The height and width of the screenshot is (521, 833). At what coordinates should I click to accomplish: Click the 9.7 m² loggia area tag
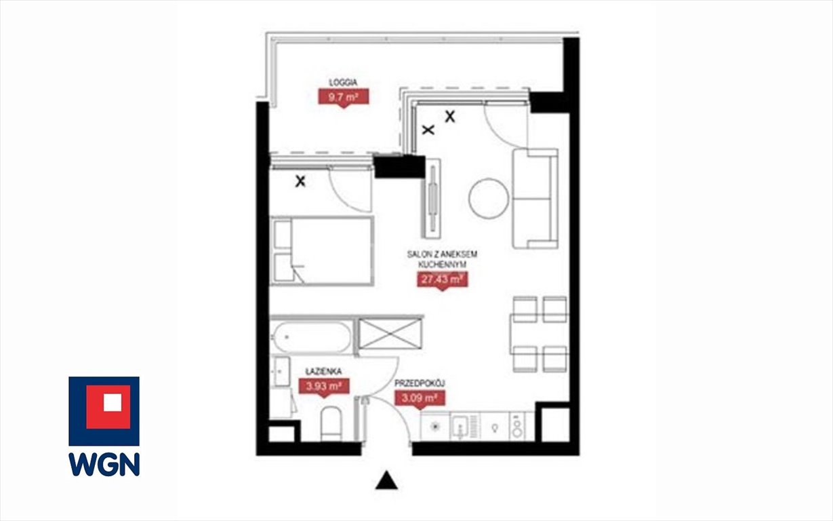point(344,98)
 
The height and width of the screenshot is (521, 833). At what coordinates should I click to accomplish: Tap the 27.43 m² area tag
point(442,279)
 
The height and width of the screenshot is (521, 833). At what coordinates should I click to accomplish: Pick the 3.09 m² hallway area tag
point(420,398)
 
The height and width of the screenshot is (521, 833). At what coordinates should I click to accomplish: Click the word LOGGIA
point(343,82)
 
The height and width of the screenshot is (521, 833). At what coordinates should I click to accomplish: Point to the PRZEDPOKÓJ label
point(420,383)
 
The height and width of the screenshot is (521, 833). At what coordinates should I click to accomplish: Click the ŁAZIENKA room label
point(323,371)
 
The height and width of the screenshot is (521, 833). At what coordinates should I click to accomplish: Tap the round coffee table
point(489,198)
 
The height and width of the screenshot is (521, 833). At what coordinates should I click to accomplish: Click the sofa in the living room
point(535,198)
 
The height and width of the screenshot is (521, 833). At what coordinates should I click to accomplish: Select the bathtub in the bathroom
point(311,337)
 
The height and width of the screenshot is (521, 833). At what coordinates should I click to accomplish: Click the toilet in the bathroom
point(331,423)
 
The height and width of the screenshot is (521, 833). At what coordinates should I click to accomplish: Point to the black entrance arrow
point(386,480)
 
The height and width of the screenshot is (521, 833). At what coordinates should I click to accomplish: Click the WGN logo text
point(104,464)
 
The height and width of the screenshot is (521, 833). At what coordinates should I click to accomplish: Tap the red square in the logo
point(108,407)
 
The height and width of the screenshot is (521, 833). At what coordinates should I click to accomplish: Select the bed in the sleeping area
point(322,251)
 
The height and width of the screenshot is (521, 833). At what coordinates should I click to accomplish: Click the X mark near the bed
point(300,182)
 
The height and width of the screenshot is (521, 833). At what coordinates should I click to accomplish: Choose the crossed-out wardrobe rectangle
point(390,334)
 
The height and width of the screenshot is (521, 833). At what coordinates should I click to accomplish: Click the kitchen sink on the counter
point(460,427)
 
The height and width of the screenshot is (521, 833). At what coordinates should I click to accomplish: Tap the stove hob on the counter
point(517,426)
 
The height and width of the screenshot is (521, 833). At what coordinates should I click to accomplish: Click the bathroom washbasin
point(281,371)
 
